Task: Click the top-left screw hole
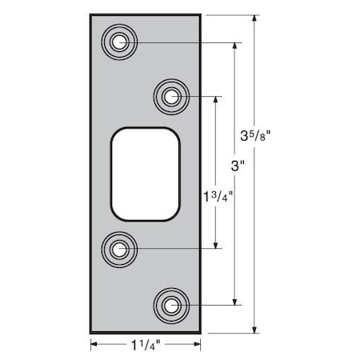pyautogui.click(x=120, y=42)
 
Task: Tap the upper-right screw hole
pyautogui.click(x=170, y=97)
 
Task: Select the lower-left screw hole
pyautogui.click(x=120, y=249)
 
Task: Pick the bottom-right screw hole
pyautogui.click(x=170, y=304)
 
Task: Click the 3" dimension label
pyautogui.click(x=236, y=167)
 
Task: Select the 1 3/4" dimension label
pyautogui.click(x=218, y=194)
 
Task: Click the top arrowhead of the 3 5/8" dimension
pyautogui.click(x=254, y=18)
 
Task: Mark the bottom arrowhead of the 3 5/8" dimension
pyautogui.click(x=254, y=328)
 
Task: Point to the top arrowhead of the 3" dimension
pyautogui.click(x=235, y=46)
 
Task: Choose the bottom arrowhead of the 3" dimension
pyautogui.click(x=235, y=300)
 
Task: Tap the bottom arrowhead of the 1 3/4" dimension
pyautogui.click(x=216, y=245)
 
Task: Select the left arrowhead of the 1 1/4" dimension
pyautogui.click(x=94, y=346)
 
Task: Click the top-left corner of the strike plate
pyautogui.click(x=90, y=14)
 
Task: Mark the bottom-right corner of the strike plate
pyautogui.click(x=200, y=332)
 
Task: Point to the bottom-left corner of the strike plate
pyautogui.click(x=90, y=332)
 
